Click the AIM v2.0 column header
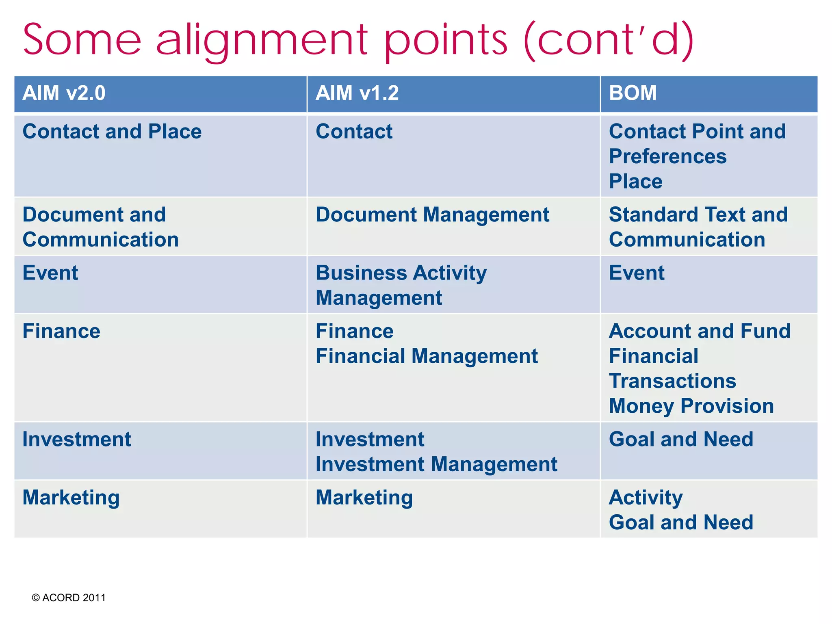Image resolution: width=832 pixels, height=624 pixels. (64, 93)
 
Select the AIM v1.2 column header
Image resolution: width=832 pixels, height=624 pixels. (357, 93)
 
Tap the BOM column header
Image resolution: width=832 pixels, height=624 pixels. (633, 93)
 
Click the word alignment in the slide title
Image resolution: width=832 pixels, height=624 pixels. (262, 41)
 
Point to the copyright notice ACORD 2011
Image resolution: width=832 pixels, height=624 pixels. (69, 598)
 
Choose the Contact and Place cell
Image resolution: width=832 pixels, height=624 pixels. (112, 132)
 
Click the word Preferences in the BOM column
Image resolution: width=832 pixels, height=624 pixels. (667, 157)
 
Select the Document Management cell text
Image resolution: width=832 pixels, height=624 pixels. (432, 215)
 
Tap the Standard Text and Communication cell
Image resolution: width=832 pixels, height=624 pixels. (698, 227)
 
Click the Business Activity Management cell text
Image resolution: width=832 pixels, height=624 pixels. (401, 285)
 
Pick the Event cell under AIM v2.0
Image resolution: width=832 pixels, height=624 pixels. (50, 273)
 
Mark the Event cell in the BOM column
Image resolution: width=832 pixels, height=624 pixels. (637, 273)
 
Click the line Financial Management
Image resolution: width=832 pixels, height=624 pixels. (427, 356)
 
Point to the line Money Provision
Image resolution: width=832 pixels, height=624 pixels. (691, 406)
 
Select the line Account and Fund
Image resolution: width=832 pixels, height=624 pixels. (700, 331)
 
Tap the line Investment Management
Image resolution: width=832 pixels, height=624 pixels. (436, 464)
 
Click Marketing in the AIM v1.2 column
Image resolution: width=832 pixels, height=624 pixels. (364, 498)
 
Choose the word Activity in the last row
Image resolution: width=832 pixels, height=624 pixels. (646, 498)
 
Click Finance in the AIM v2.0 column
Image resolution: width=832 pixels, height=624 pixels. (61, 331)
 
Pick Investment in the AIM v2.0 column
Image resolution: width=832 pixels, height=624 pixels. (77, 440)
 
